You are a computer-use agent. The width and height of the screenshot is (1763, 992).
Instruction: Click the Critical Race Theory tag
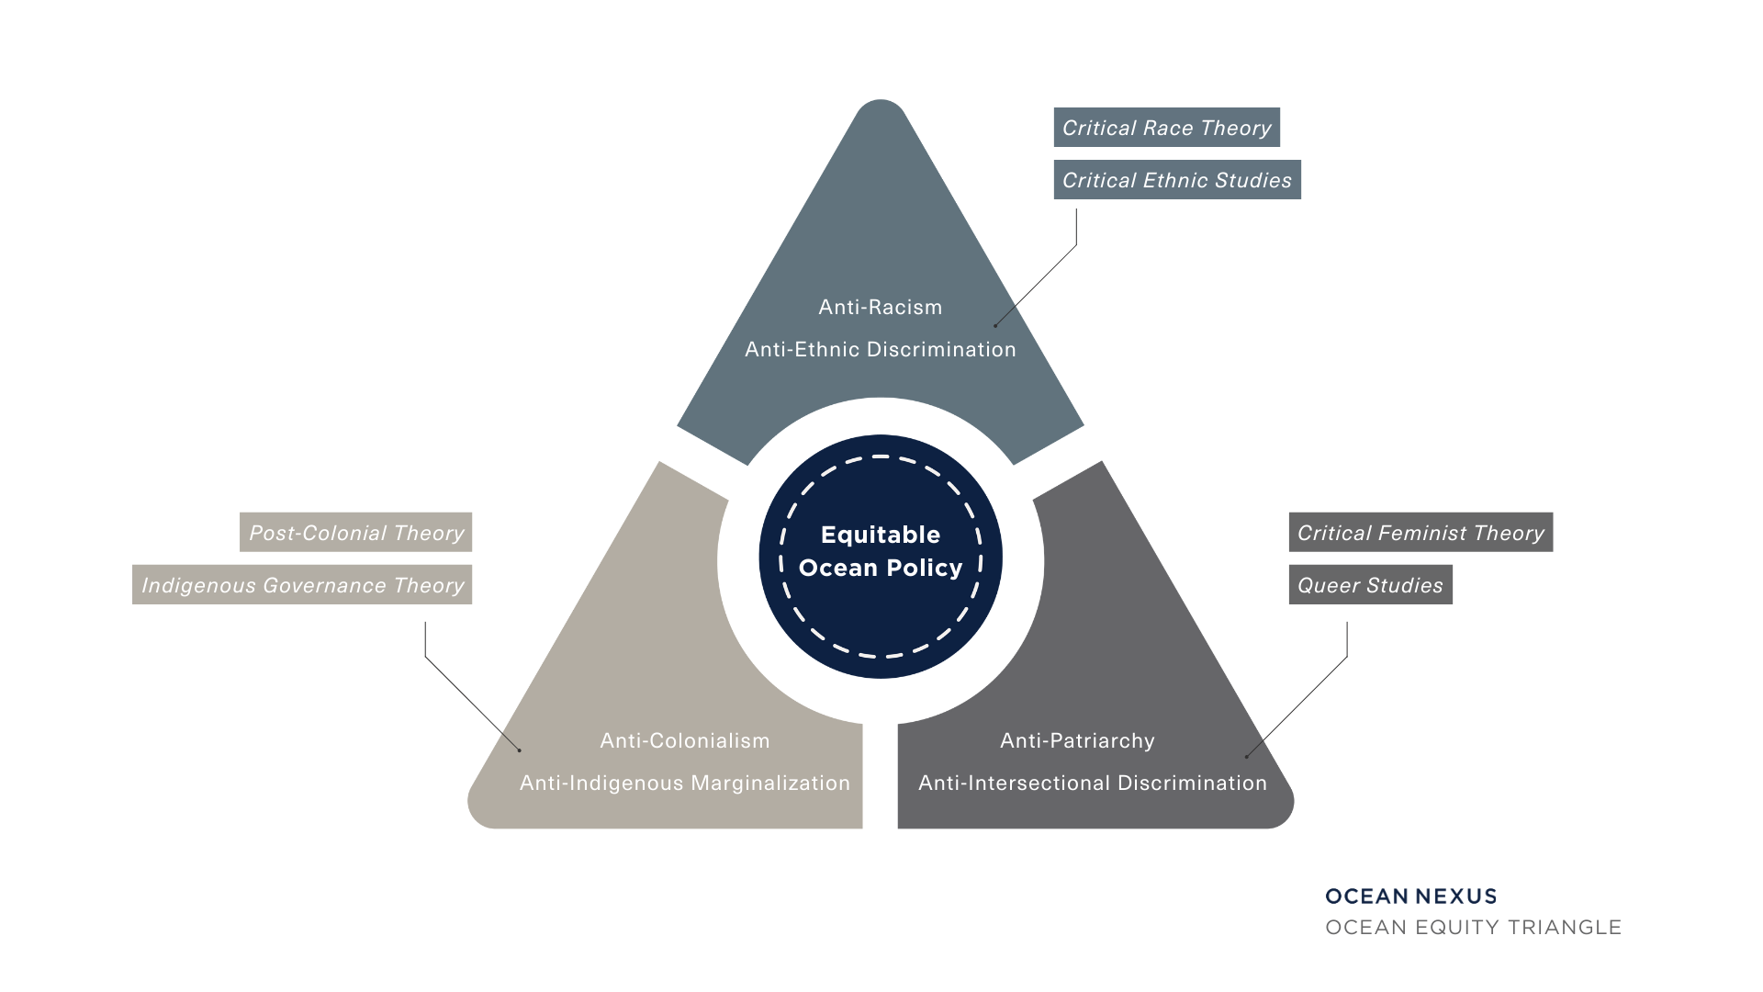(1166, 128)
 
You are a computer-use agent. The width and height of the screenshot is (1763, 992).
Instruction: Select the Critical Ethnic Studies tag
(1176, 180)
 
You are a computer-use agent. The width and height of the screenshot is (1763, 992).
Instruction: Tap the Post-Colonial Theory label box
(356, 533)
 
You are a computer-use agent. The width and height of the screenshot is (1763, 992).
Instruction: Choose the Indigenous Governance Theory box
(302, 585)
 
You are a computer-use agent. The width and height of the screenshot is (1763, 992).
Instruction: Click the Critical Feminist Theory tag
(1420, 533)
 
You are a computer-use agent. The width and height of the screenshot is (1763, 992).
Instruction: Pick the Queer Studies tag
(1370, 585)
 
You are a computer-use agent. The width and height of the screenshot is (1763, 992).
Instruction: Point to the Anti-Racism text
(880, 307)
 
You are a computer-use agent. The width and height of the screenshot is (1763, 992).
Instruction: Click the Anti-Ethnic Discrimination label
(880, 349)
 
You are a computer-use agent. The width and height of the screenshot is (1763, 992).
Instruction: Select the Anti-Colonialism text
(685, 740)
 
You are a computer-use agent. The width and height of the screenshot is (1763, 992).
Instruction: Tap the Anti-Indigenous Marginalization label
(685, 783)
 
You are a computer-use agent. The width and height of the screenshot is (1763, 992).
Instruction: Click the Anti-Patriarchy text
(1077, 740)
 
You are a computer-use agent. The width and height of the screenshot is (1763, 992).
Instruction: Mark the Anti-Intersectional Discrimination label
(1092, 783)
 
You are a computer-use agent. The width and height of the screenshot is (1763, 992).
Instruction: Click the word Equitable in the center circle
(880, 535)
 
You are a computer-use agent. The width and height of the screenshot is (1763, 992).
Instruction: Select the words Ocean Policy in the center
(880, 568)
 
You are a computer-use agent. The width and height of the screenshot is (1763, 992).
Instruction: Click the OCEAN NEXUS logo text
(1410, 896)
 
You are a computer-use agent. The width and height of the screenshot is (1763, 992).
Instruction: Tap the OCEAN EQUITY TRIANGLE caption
(1473, 927)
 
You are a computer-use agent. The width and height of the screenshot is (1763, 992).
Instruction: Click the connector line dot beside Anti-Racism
(995, 325)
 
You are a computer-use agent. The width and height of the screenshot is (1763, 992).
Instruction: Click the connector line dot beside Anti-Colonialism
(519, 750)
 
